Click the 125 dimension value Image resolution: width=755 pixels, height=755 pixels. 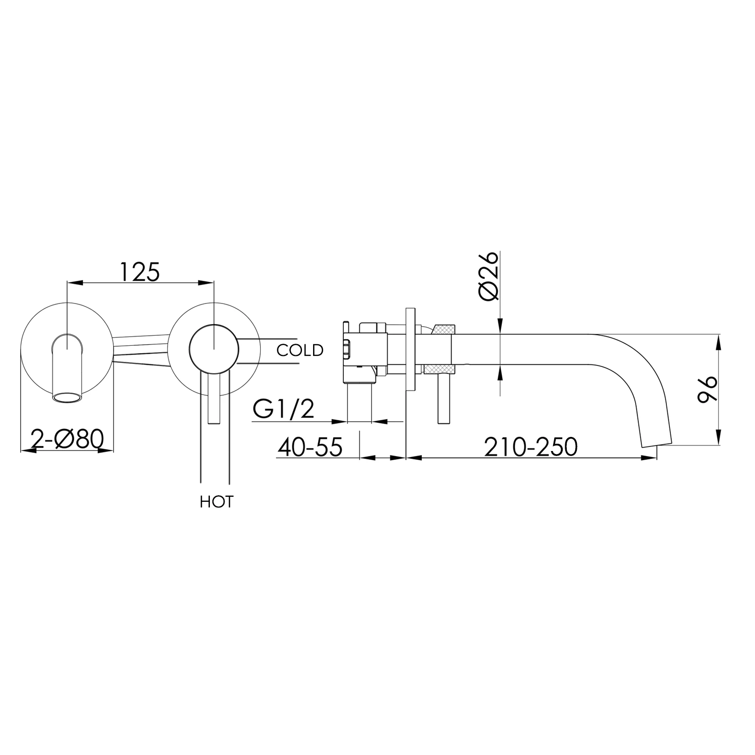(x=140, y=272)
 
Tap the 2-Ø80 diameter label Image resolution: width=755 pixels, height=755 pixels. (x=67, y=439)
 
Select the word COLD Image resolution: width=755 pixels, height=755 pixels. (x=300, y=350)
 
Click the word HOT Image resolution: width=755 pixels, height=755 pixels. (x=216, y=502)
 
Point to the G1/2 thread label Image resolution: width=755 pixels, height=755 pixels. (x=283, y=410)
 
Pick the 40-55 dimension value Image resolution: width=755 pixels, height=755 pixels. (x=310, y=447)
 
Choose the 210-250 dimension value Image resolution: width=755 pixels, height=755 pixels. (x=531, y=447)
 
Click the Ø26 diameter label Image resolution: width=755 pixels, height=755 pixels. (x=489, y=276)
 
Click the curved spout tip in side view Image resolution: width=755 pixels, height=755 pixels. (x=655, y=438)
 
